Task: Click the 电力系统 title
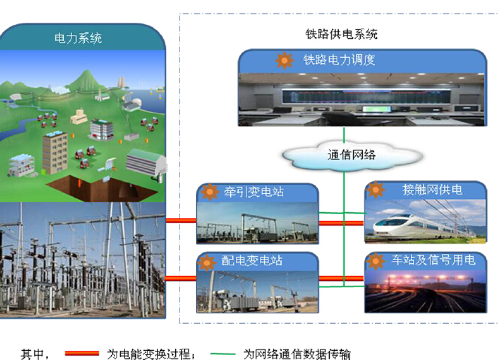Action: [x=78, y=38]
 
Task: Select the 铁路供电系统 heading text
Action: [x=341, y=34]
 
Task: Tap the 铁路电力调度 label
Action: [x=339, y=59]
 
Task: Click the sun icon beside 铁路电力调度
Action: [x=285, y=60]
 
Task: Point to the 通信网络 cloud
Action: [x=352, y=156]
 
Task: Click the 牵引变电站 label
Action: [x=254, y=192]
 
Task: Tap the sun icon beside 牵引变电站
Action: [x=210, y=192]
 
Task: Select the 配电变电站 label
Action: [x=252, y=260]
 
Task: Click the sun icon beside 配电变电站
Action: [x=207, y=262]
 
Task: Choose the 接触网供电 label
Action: [x=432, y=190]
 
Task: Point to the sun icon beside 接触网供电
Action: [x=376, y=189]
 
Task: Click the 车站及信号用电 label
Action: [x=434, y=260]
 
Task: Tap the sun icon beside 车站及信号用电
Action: [x=376, y=261]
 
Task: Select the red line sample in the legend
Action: [x=82, y=353]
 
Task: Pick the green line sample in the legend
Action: [x=222, y=354]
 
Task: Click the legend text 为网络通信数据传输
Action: [x=297, y=354]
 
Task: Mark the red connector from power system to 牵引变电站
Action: [x=181, y=220]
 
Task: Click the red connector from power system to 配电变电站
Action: [x=181, y=279]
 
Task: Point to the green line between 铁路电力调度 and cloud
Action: [x=344, y=135]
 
